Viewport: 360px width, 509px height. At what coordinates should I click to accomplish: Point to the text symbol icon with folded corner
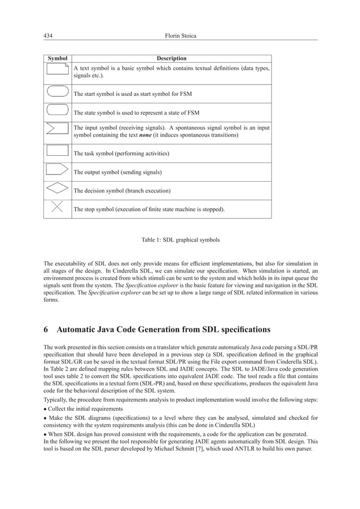[x=57, y=72]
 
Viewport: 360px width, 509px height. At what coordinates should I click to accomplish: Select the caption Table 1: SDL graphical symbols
[x=180, y=240]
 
